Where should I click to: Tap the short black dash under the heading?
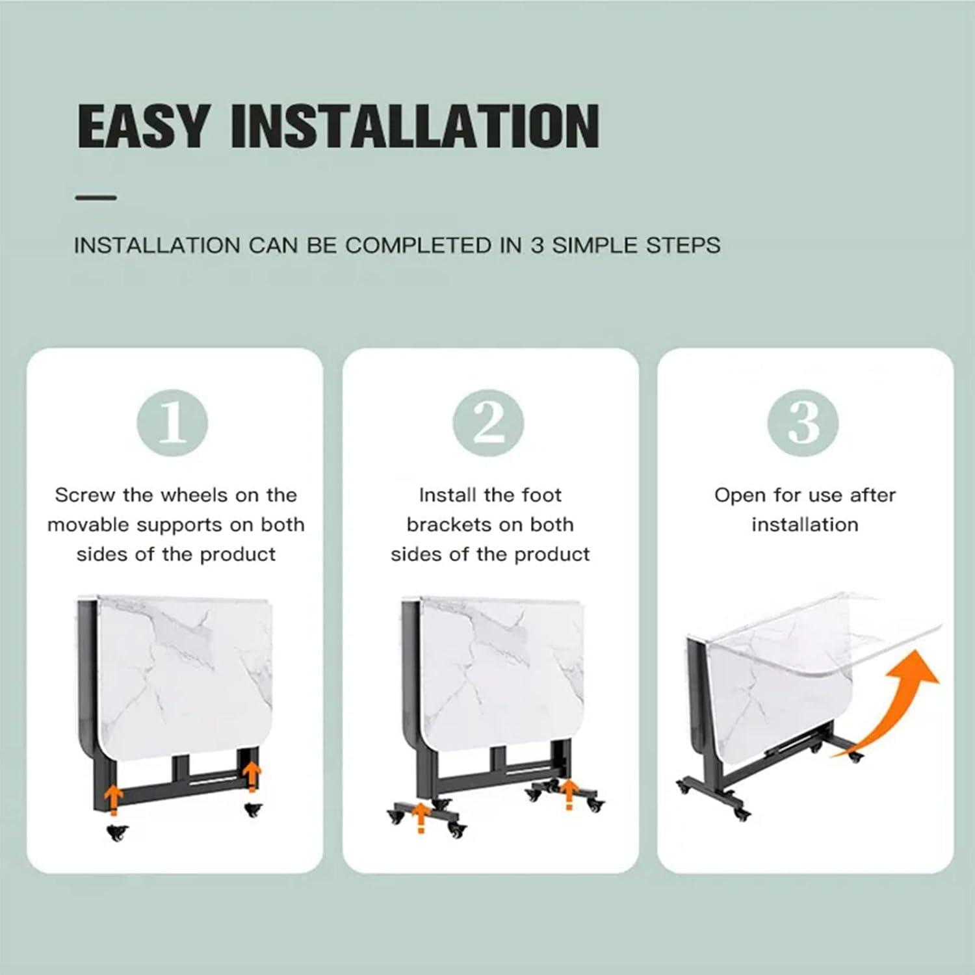tap(96, 198)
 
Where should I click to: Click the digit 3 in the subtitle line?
tap(537, 246)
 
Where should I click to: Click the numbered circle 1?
tap(172, 423)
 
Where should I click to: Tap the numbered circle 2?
tap(488, 423)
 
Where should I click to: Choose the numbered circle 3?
tap(803, 423)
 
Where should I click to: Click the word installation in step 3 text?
tap(805, 525)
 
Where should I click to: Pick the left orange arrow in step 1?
tap(114, 799)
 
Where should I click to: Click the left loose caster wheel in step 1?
tap(117, 832)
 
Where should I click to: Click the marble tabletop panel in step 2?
tap(500, 676)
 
